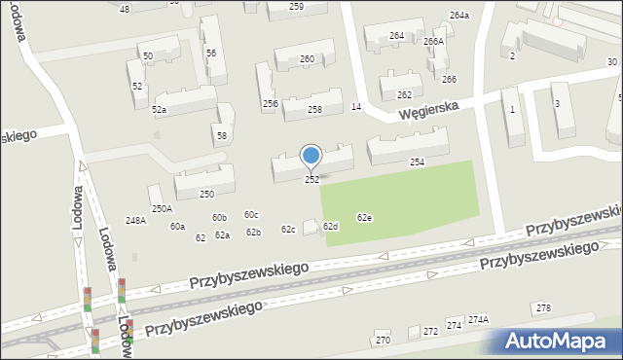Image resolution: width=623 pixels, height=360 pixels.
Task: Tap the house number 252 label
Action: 311,180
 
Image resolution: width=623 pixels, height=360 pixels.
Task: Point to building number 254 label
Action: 417,162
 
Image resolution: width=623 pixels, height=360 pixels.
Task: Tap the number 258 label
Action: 314,110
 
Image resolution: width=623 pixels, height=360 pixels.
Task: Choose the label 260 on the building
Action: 307,59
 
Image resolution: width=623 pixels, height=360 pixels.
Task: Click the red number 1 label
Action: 512,109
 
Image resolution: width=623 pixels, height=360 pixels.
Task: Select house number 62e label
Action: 364,218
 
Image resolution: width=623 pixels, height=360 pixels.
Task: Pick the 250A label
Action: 162,208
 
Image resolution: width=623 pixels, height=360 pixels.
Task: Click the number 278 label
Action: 543,308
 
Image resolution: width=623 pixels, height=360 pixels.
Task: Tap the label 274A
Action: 478,319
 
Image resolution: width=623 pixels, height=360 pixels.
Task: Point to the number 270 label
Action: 383,341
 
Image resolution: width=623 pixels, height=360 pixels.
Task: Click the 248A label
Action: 135,221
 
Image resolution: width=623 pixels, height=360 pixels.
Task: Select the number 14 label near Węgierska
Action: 356,106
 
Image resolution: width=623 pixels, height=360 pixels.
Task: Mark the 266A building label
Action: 433,42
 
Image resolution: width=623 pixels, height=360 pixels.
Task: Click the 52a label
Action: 159,110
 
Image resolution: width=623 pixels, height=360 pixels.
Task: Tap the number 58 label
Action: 222,135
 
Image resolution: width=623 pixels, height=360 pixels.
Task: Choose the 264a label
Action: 458,16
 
